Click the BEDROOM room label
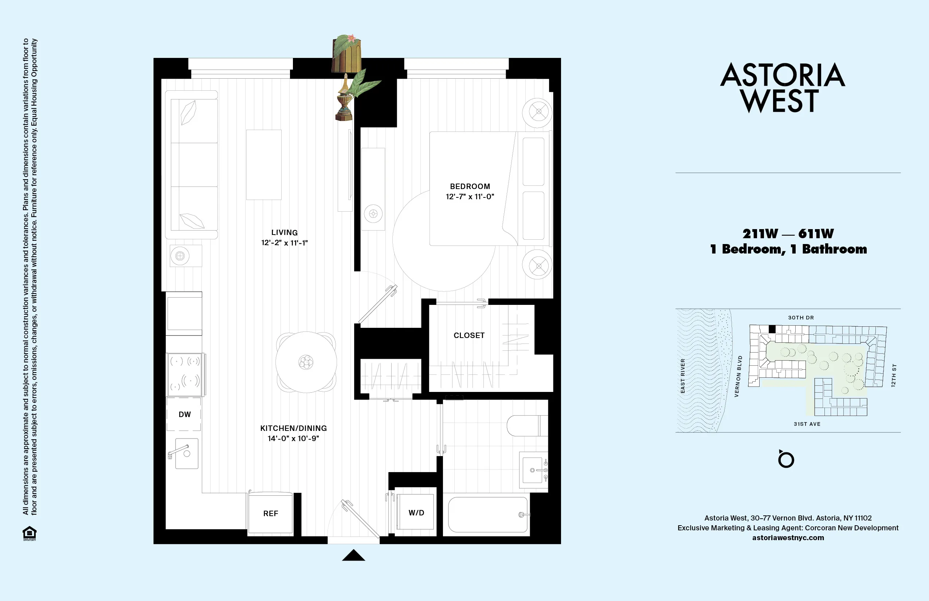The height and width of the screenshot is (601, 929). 470,186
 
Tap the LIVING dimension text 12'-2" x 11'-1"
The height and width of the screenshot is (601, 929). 285,243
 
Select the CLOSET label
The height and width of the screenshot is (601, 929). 469,335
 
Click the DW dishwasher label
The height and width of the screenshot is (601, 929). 185,415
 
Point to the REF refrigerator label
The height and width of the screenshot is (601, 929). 270,514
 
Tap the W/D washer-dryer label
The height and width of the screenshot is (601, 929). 416,513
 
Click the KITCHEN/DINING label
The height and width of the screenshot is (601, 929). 294,428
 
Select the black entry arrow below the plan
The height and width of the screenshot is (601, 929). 353,555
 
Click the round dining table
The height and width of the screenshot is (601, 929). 306,362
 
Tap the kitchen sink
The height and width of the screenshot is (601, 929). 186,453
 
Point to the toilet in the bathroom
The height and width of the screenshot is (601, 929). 527,425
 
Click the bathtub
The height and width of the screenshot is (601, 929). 488,514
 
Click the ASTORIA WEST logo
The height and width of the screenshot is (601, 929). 782,87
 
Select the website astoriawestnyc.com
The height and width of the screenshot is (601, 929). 788,538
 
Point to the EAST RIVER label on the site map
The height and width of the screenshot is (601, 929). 683,376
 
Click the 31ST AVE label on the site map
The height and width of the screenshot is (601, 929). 807,424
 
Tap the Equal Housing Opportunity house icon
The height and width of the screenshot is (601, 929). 29,533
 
